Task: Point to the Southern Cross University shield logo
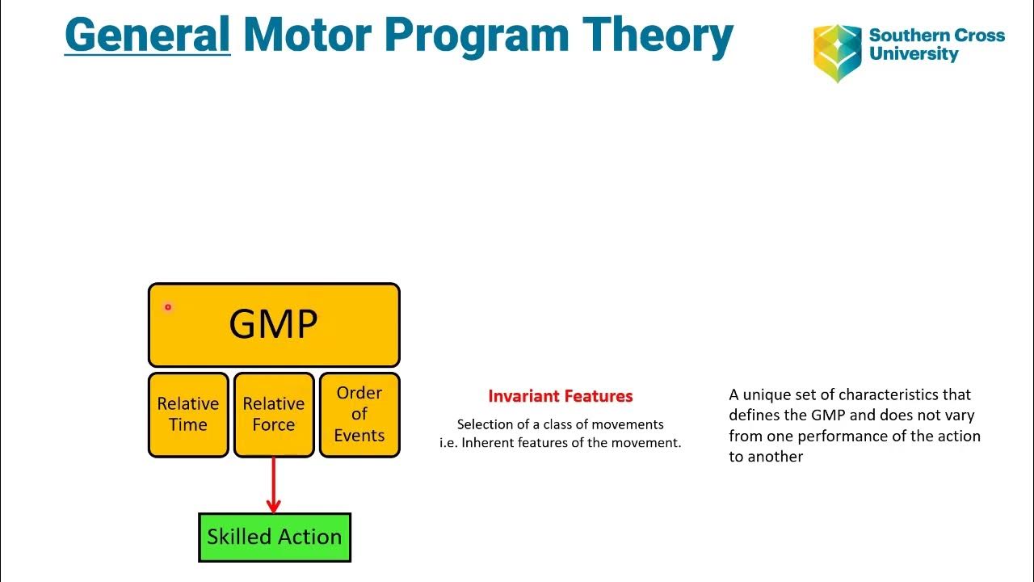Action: tap(837, 52)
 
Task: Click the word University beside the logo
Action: tap(914, 55)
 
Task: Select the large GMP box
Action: tap(274, 325)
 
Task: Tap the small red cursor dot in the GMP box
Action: tap(168, 307)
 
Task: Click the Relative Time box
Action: tap(188, 415)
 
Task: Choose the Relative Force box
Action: tap(274, 415)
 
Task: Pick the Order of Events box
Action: tap(359, 415)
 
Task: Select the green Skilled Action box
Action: tap(274, 537)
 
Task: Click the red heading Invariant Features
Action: tap(561, 396)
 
